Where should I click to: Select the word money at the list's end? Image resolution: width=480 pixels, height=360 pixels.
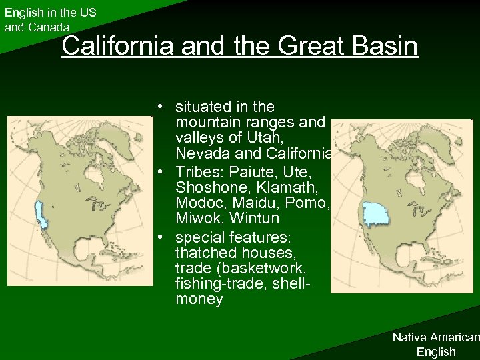[x=199, y=299]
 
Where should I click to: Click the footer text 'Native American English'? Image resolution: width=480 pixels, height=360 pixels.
[x=435, y=344]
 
